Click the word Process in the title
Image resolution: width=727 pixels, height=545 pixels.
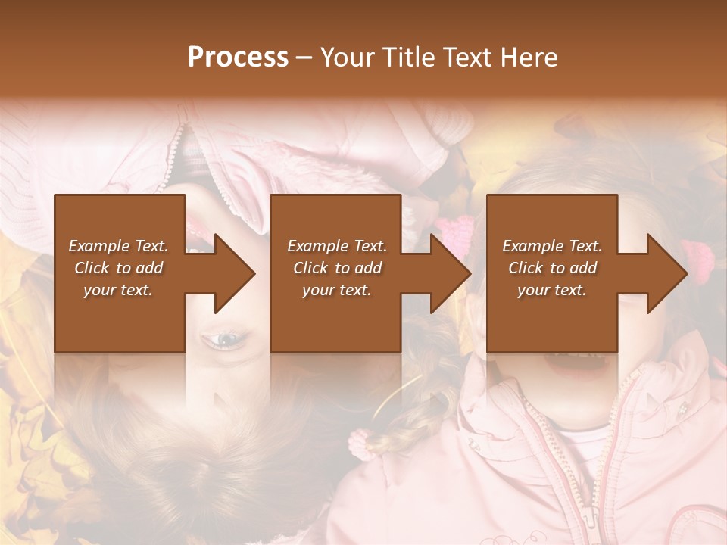(x=238, y=58)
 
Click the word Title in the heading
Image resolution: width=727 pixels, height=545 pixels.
(x=404, y=58)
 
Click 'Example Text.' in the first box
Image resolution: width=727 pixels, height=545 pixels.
(x=118, y=246)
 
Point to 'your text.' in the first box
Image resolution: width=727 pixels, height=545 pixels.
(x=118, y=290)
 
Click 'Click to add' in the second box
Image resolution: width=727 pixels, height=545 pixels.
(x=337, y=268)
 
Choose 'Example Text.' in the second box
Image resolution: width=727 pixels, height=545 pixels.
(x=337, y=246)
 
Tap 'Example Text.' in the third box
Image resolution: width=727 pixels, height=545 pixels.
(x=552, y=246)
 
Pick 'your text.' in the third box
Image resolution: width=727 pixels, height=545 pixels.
(x=552, y=290)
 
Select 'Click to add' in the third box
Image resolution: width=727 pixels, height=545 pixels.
(x=552, y=268)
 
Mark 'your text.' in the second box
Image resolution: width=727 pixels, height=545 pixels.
(x=337, y=290)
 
